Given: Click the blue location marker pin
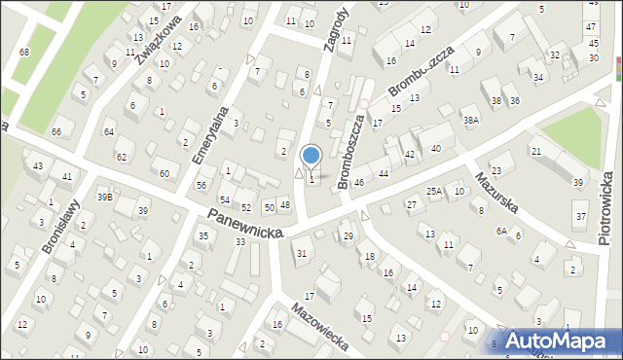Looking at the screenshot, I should click(311, 156).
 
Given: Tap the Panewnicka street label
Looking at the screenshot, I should click(244, 224).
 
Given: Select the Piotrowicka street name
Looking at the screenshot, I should click(605, 210).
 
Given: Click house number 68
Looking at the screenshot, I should click(24, 52).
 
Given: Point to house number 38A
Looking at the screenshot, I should click(471, 121).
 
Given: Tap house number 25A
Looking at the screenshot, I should click(433, 192).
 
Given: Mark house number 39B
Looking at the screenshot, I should click(104, 197).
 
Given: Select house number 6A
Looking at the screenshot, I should click(501, 231).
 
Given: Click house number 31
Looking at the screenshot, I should click(302, 254).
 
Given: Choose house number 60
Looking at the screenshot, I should click(164, 174).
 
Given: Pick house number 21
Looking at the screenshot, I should click(535, 151).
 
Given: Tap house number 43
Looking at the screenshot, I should click(37, 166).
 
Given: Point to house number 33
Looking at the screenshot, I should click(239, 241).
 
